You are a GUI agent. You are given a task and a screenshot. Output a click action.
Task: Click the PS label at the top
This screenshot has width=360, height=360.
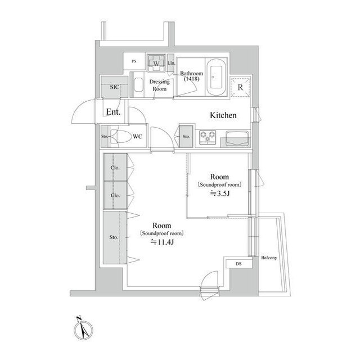click(134, 61)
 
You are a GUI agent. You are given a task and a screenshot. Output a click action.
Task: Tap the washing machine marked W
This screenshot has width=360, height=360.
click(155, 62)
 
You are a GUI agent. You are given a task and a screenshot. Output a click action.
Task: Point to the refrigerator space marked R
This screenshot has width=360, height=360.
click(240, 87)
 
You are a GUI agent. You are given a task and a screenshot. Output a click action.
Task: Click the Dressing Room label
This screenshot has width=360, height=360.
click(159, 85)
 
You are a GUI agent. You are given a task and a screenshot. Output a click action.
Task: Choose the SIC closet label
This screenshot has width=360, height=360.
click(114, 87)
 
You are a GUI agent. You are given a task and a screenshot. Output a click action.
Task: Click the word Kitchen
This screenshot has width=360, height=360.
click(223, 115)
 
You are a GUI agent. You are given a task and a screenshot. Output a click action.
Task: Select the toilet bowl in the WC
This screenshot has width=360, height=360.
click(120, 137)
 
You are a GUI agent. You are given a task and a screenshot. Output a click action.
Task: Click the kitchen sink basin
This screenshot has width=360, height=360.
click(237, 137)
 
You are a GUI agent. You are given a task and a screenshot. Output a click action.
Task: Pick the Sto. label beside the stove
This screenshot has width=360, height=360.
click(186, 136)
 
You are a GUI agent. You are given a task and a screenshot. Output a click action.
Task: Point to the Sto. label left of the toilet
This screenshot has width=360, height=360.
click(105, 137)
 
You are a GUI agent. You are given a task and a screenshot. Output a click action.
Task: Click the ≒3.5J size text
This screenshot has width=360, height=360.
click(219, 193)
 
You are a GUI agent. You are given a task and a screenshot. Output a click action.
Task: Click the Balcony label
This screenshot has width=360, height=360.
click(269, 258)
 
